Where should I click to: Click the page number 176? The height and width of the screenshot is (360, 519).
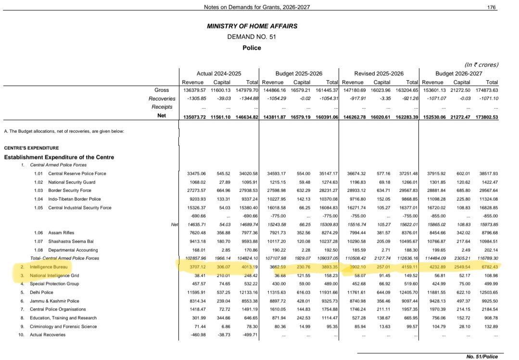pos(491,7)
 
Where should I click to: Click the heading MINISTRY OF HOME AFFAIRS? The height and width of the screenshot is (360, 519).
pos(252,26)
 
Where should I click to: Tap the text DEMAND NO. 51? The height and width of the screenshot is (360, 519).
pos(252,37)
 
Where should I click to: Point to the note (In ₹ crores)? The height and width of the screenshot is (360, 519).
pos(481,64)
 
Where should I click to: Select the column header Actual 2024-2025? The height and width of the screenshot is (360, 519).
pos(219,74)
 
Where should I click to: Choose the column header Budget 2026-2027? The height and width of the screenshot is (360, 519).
pos(459,74)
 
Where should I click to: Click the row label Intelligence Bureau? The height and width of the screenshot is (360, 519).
pos(49,267)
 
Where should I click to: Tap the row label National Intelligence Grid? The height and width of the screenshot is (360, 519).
pos(54,275)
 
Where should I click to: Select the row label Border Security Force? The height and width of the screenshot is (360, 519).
pos(70,191)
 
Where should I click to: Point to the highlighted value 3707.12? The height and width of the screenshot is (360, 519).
pos(196,267)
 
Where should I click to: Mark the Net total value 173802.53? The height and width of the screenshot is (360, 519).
pos(485,117)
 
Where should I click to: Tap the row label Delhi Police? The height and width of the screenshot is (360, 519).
pos(41,292)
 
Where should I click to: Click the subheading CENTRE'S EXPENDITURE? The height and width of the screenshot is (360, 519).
pos(31,148)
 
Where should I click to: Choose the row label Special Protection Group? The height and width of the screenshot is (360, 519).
pos(54,284)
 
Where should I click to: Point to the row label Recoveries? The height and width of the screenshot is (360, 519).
pos(162,99)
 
